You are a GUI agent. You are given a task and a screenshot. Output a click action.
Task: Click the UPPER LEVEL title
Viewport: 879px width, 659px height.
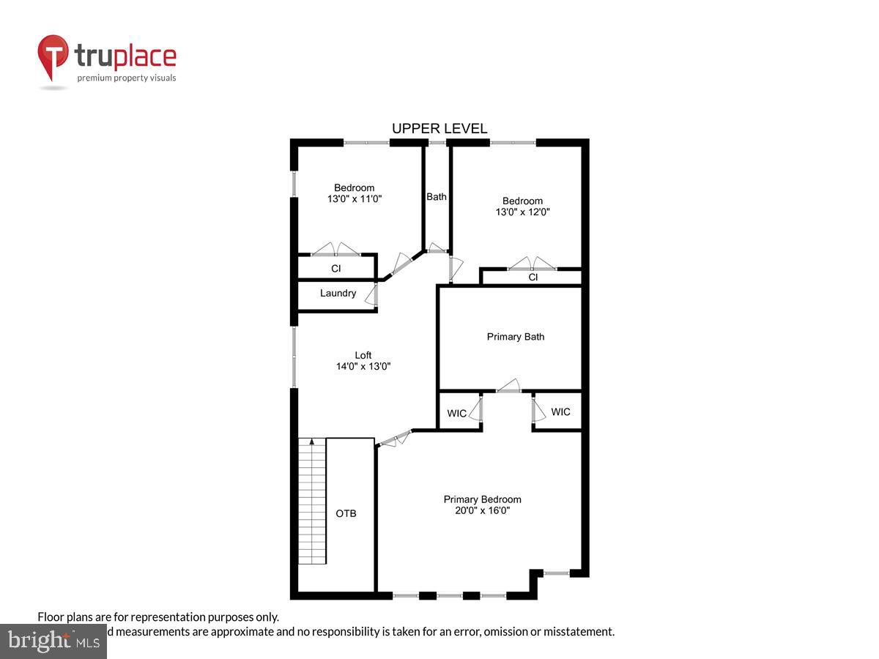coord(439,129)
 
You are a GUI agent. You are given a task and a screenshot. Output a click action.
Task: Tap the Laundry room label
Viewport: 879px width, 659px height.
coord(338,294)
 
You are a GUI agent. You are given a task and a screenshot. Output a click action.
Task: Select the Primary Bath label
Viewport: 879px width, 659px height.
coord(516,337)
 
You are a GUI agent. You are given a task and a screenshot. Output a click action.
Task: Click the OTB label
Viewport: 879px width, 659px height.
coord(346,514)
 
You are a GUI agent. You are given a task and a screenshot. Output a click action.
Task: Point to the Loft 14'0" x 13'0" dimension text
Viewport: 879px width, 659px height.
coord(363,367)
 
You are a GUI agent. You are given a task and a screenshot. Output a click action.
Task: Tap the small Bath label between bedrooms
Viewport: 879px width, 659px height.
coord(437,197)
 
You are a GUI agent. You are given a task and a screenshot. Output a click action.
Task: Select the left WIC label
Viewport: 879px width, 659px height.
coord(456,414)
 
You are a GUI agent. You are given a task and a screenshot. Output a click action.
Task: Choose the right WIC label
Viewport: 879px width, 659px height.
coord(560,412)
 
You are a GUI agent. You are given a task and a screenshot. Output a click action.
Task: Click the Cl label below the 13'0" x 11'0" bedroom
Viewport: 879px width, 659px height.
coord(336,269)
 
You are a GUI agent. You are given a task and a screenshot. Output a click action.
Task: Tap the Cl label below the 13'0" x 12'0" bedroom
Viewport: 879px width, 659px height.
coord(533,278)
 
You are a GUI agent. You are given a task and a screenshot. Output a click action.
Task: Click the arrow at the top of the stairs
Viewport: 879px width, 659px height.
coord(312,442)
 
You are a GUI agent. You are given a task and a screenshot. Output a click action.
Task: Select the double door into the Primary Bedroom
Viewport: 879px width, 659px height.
coord(395,438)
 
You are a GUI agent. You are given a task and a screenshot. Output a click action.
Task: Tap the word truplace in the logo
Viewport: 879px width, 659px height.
coord(125,56)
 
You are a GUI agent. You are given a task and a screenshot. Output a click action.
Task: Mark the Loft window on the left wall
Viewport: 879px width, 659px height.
coord(294,357)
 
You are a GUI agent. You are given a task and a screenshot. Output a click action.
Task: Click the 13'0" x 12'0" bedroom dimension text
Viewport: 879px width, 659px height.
coord(522,212)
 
